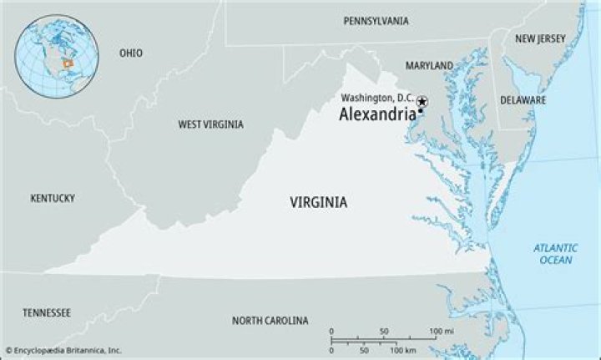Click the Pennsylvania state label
pos(376,20)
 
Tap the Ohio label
pos(130,53)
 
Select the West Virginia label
pos(210,124)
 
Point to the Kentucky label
pos(53,198)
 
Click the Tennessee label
pos(47,312)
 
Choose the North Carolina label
pos(270,321)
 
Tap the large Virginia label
pos(319,202)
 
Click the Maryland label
pos(429,65)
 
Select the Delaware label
pos(523,99)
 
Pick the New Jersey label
pos(540,38)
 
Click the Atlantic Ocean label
pos(554,254)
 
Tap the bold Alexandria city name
pos(376,115)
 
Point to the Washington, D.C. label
pos(376,98)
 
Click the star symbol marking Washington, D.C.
pos(422,100)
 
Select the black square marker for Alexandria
pos(421,111)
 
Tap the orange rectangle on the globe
pos(69,63)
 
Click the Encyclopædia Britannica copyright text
pos(63,350)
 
